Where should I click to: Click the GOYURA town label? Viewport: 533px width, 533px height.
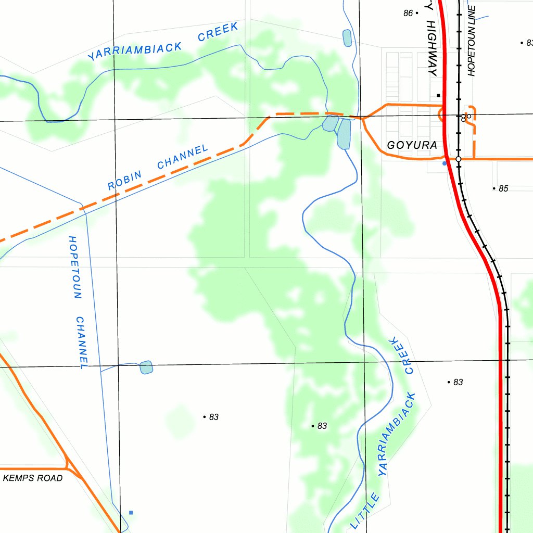pos(412,145)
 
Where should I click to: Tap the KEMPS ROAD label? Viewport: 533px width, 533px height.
pos(33,478)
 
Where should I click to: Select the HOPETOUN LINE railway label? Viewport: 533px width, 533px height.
pos(472,41)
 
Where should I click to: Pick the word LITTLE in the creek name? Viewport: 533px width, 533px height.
pos(365,511)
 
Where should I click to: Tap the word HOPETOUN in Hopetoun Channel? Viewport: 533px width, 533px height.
pos(75,268)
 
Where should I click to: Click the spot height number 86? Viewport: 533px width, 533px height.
pos(408,13)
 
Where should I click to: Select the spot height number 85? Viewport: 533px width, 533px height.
pos(503,188)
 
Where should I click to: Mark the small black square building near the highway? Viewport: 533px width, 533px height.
pos(439,95)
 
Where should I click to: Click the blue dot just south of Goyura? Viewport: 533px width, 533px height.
pos(444,163)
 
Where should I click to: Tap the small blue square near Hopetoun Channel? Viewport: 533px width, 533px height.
pos(131,513)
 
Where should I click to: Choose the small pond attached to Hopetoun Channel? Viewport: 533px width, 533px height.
pos(146,367)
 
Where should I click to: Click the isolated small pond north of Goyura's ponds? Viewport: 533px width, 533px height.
pos(347,38)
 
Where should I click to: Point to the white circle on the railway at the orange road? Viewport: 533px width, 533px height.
pos(459,159)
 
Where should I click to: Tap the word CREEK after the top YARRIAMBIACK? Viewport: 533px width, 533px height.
pos(219,32)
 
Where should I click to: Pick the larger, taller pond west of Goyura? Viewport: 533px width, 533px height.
pos(344,134)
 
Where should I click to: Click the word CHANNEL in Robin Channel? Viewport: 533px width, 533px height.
pos(182,157)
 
